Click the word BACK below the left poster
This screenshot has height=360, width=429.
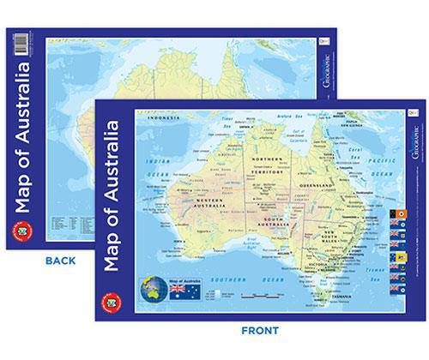point(61,260)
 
